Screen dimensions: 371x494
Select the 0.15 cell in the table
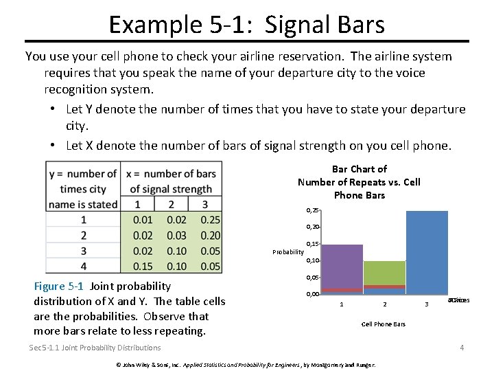pyautogui.click(x=143, y=267)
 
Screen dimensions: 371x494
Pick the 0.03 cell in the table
pyautogui.click(x=177, y=236)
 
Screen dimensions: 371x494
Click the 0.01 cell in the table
pyautogui.click(x=143, y=220)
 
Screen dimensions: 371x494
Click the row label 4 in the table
pyautogui.click(x=83, y=267)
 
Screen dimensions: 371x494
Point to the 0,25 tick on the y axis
pyautogui.click(x=311, y=210)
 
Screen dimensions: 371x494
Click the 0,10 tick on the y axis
pyautogui.click(x=311, y=260)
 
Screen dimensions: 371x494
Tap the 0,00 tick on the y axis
pyautogui.click(x=311, y=294)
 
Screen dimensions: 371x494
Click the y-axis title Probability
pyautogui.click(x=287, y=252)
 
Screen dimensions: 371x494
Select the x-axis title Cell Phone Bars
pyautogui.click(x=384, y=324)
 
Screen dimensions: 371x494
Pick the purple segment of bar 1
pyautogui.click(x=342, y=265)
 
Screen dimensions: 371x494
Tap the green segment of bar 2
pyautogui.click(x=384, y=272)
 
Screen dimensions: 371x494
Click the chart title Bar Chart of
pyautogui.click(x=359, y=169)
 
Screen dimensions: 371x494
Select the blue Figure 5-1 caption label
pyautogui.click(x=58, y=286)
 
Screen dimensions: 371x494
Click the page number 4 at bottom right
pyautogui.click(x=462, y=348)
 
